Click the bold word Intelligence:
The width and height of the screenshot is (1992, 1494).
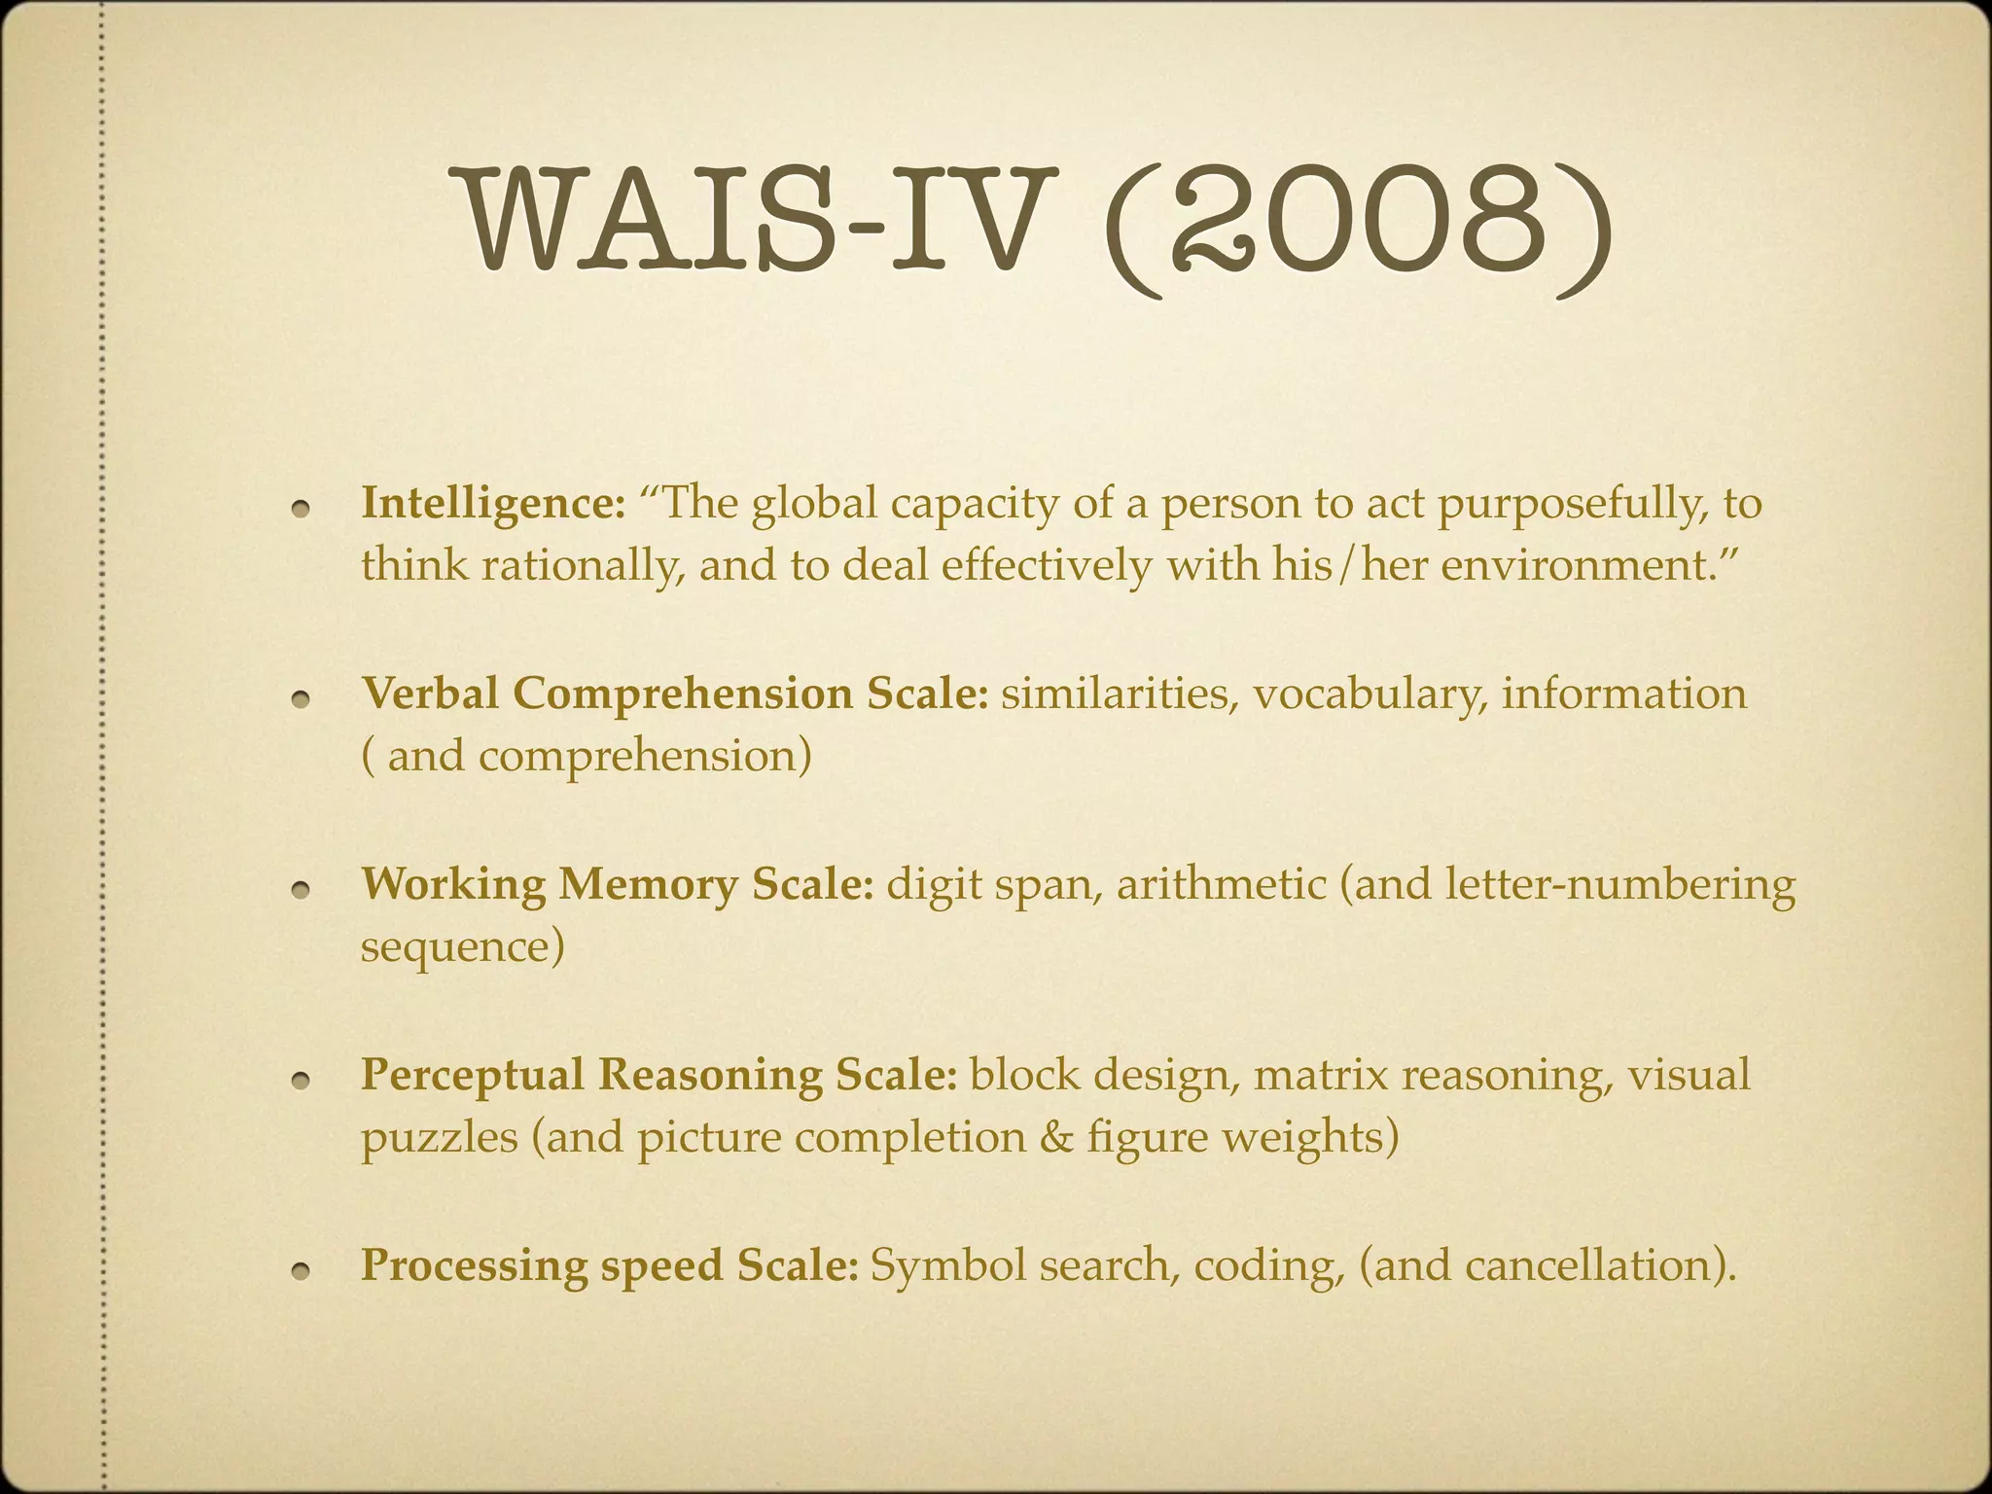tap(493, 505)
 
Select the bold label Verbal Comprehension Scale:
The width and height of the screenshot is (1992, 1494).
tap(675, 694)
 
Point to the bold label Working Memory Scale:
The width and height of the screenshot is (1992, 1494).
tap(618, 885)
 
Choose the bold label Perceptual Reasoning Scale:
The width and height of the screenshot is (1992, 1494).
tap(659, 1076)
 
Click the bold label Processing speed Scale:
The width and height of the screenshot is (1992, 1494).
tap(610, 1265)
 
